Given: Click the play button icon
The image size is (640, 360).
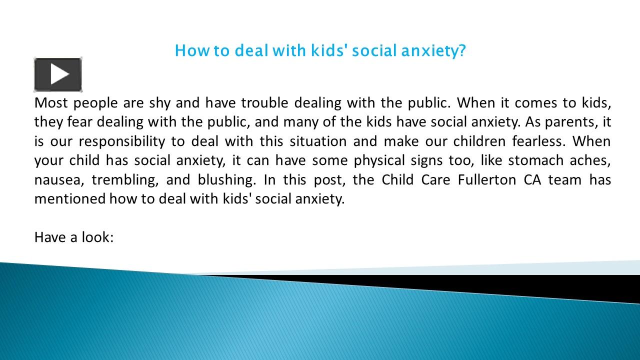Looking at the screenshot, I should [x=58, y=75].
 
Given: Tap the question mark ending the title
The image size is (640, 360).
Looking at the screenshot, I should [x=461, y=50].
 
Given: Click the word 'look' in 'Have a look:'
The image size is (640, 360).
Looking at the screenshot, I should [x=98, y=237].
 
